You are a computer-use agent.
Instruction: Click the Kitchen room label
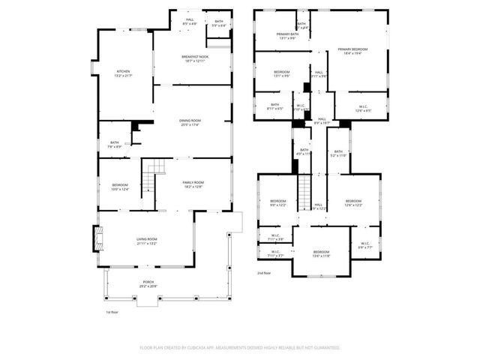(x=123, y=73)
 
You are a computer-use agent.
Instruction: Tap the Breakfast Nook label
(x=194, y=58)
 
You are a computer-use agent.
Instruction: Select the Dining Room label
(x=190, y=123)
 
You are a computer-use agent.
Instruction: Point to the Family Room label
(x=193, y=184)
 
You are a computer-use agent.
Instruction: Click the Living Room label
(x=146, y=241)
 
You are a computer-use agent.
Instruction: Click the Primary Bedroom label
(x=349, y=51)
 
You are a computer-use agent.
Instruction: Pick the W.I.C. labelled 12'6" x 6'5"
(x=364, y=107)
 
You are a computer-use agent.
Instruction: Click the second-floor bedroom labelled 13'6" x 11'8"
(x=321, y=253)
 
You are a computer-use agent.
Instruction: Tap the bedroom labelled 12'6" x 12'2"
(x=353, y=202)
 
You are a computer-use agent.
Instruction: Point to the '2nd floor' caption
(x=264, y=274)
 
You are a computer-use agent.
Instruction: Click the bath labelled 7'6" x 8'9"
(x=115, y=144)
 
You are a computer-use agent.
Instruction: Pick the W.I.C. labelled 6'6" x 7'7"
(x=365, y=244)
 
